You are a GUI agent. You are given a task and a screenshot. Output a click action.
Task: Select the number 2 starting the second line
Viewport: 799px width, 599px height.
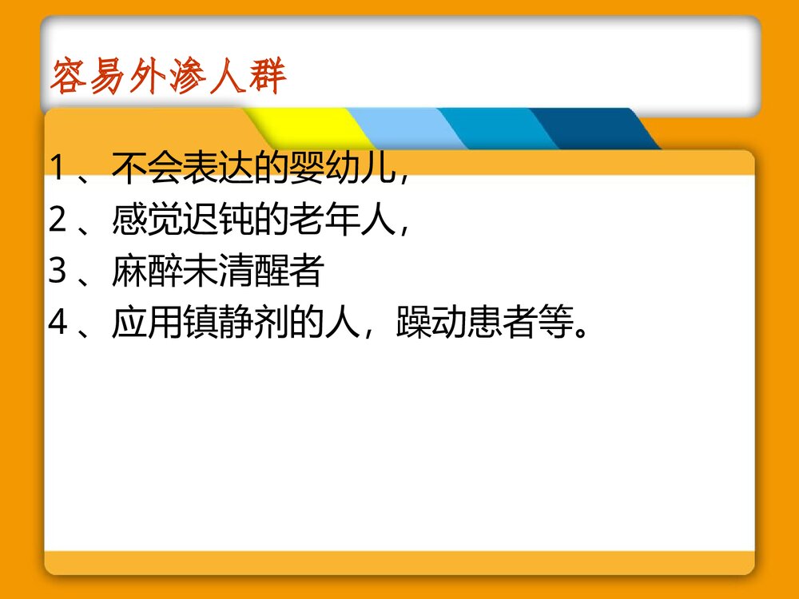[x=58, y=220]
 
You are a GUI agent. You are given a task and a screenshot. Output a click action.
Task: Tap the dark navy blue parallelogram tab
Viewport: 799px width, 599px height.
[x=595, y=129]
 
